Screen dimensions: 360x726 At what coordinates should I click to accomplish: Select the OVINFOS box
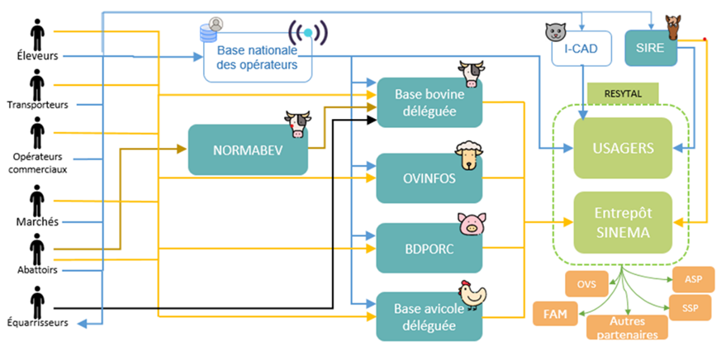[429, 178]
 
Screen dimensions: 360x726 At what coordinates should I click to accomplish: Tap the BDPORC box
[429, 248]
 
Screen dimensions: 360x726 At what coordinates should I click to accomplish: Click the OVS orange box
[586, 285]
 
